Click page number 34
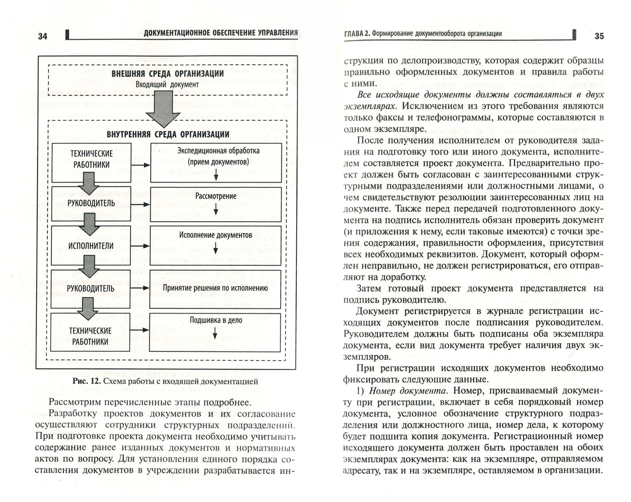pyautogui.click(x=43, y=36)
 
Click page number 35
pyautogui.click(x=599, y=36)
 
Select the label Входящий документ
pyautogui.click(x=167, y=84)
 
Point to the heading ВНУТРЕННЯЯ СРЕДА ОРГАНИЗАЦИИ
pyautogui.click(x=168, y=134)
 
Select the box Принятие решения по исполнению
pyautogui.click(x=215, y=288)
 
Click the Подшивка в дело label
pyautogui.click(x=216, y=320)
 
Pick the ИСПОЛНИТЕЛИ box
pyautogui.click(x=91, y=246)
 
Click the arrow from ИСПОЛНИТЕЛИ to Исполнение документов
pyautogui.click(x=140, y=246)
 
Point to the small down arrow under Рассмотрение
pyautogui.click(x=216, y=209)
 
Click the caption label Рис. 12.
pyautogui.click(x=86, y=381)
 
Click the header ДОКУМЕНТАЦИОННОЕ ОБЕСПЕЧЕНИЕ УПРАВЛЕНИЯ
pyautogui.click(x=220, y=33)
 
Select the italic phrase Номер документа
pyautogui.click(x=408, y=391)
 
